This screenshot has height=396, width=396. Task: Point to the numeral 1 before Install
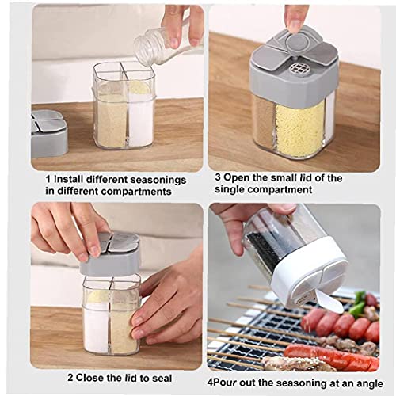click(x=48, y=180)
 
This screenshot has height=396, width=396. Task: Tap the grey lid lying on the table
click(x=48, y=131)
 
